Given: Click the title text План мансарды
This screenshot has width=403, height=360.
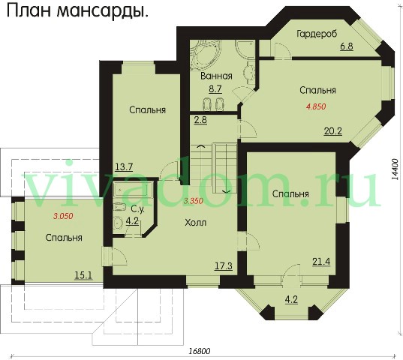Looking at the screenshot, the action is [x=77, y=12].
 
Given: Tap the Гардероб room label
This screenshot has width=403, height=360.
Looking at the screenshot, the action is [x=317, y=34].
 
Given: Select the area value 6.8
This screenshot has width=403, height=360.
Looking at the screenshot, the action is [x=347, y=46].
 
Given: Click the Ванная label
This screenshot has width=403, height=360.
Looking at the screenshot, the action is [x=216, y=76].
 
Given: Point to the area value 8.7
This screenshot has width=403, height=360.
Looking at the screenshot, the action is [x=215, y=88].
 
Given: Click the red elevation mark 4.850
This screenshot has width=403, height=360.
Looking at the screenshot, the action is [x=316, y=106].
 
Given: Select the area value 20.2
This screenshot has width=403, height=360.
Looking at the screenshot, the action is [x=333, y=131].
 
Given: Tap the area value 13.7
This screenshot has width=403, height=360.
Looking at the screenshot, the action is [x=124, y=167].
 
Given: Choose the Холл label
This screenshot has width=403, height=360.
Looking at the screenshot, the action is [x=196, y=223].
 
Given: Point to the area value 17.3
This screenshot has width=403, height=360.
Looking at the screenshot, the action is [x=224, y=266].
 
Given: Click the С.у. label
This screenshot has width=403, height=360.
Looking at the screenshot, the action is [x=138, y=209].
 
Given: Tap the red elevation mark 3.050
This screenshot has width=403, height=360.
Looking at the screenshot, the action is [x=63, y=216].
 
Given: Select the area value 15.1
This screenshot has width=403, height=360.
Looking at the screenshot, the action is [x=83, y=275].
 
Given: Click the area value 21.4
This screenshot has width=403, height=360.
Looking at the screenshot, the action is [x=321, y=262].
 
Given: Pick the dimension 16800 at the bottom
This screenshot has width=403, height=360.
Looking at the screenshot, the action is [x=199, y=351].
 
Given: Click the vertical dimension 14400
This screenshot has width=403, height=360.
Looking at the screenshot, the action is [x=395, y=169].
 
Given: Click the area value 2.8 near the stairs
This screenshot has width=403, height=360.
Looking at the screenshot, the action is [x=200, y=120].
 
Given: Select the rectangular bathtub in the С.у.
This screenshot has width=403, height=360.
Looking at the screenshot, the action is [x=133, y=190].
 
